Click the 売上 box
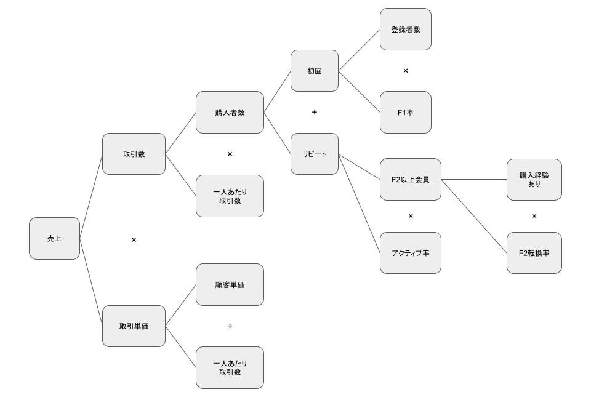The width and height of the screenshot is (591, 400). coord(54,238)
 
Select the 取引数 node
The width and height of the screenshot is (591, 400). coord(134,154)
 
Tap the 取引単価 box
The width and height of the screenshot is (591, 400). coord(134,326)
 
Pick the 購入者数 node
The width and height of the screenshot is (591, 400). coord(230,112)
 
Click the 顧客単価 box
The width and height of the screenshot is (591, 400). coord(230,285)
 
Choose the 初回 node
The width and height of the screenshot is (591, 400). coord(315,71)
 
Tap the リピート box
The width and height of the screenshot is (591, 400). coord(315,154)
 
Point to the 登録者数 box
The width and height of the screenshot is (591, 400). coord(406,30)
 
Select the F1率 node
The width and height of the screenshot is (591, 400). coord(406,112)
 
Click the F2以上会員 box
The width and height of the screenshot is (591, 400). coord(411,179)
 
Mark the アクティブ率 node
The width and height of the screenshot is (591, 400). coord(411,253)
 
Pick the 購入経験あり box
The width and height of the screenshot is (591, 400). coord(534,179)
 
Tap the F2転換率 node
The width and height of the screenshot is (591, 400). coord(534,253)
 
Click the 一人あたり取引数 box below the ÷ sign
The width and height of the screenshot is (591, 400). coord(230,367)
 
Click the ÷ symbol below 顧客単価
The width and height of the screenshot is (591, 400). coord(230,326)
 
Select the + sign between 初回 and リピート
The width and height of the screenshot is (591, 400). coord(315,112)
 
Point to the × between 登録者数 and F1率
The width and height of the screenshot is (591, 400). coord(406,70)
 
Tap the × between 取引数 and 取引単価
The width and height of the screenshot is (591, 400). coord(134,239)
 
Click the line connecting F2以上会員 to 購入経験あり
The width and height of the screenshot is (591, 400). coord(474,180)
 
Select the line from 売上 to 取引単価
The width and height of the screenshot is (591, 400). coord(91,282)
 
